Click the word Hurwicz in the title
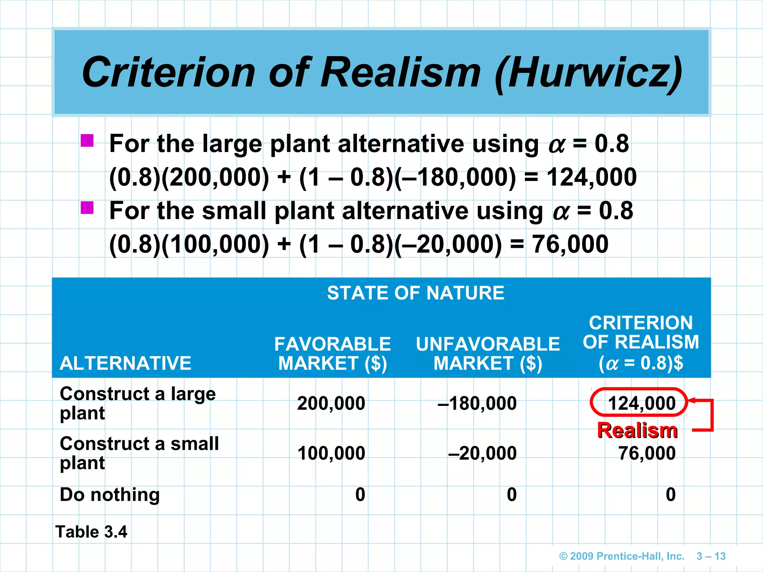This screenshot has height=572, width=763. click(589, 73)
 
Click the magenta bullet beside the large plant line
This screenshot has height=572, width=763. click(87, 141)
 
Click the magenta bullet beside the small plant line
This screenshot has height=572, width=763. click(87, 208)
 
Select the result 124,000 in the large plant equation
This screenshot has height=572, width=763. click(592, 177)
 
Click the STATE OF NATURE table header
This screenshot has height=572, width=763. click(415, 293)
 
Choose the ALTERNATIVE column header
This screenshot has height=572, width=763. click(126, 363)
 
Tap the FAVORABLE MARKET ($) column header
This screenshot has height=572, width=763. click(332, 353)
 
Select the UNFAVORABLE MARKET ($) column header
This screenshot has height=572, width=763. click(488, 353)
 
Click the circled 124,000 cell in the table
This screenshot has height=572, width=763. click(641, 403)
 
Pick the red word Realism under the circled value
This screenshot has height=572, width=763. click(637, 430)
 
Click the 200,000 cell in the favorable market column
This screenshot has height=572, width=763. click(331, 403)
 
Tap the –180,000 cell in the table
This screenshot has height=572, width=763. click(477, 403)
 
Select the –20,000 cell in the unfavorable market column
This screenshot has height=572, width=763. click(482, 453)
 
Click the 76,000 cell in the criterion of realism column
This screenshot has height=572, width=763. click(647, 453)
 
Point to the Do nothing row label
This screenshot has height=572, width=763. click(110, 495)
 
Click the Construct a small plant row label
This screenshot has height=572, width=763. click(139, 453)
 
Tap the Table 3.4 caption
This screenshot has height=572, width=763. click(91, 532)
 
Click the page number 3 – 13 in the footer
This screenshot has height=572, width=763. click(711, 556)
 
